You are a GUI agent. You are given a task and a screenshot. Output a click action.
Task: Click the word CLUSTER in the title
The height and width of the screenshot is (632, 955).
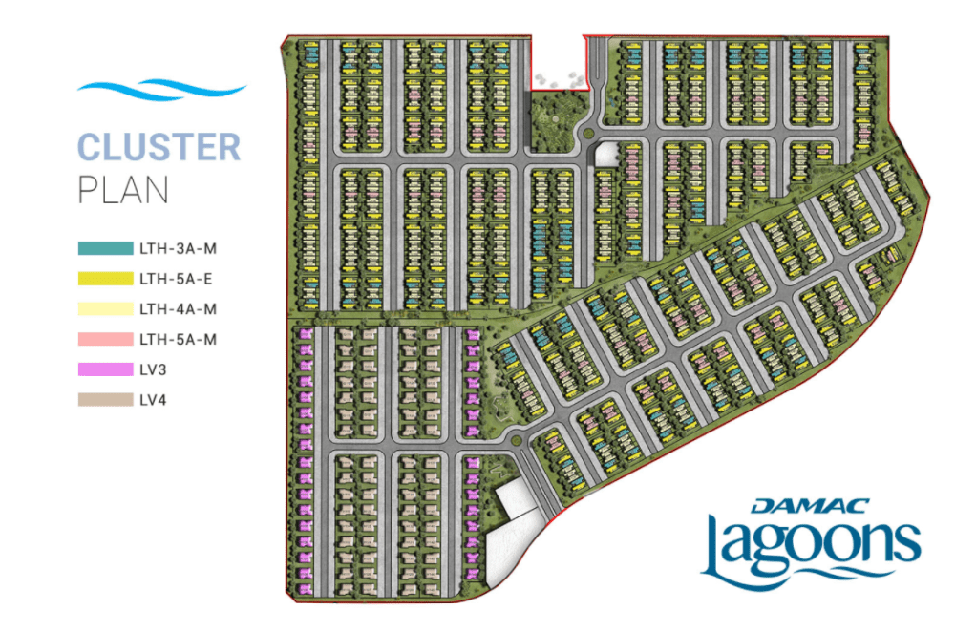(x=159, y=148)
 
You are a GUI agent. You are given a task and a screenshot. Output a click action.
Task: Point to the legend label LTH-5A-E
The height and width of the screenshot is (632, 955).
(x=179, y=280)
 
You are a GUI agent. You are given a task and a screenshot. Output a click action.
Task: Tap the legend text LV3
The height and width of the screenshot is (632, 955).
(x=153, y=370)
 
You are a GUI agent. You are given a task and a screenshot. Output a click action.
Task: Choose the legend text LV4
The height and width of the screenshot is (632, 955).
(x=153, y=400)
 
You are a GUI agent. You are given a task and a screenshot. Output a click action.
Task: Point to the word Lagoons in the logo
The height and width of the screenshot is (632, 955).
(x=811, y=549)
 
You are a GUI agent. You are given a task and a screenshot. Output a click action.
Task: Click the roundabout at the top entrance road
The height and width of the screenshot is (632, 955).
(x=591, y=129)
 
